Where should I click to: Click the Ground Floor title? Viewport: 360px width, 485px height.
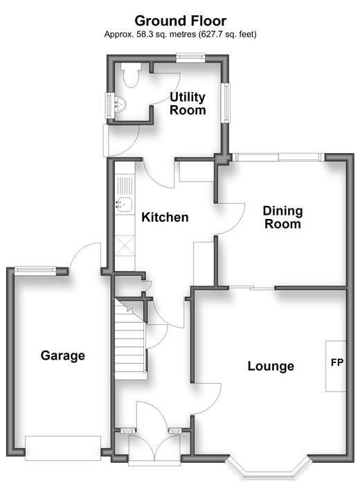[x=181, y=21]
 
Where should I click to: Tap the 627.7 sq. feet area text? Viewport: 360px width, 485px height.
[x=228, y=35]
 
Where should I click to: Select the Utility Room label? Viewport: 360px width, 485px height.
[x=188, y=104]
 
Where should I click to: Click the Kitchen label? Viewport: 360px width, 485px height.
[x=165, y=217]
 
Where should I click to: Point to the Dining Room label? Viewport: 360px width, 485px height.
[x=282, y=217]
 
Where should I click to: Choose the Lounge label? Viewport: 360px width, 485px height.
[x=271, y=366]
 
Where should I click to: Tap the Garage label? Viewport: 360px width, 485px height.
[x=63, y=355]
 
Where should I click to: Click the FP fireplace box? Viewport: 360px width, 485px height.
[x=336, y=367]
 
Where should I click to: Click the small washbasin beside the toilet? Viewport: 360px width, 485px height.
[x=120, y=104]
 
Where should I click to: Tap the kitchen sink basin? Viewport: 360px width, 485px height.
[x=124, y=204]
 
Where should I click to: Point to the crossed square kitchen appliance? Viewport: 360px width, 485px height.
[x=125, y=245]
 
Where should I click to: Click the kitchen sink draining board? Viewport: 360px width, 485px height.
[x=125, y=185]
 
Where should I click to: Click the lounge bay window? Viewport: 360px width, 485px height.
[x=268, y=466]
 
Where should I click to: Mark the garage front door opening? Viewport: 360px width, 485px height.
[x=63, y=448]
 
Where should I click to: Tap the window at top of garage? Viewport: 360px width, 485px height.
[x=35, y=271]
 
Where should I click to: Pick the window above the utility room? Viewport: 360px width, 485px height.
[x=190, y=58]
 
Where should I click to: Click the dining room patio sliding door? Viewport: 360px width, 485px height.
[x=278, y=157]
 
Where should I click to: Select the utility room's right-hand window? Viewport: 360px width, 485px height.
[x=226, y=103]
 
